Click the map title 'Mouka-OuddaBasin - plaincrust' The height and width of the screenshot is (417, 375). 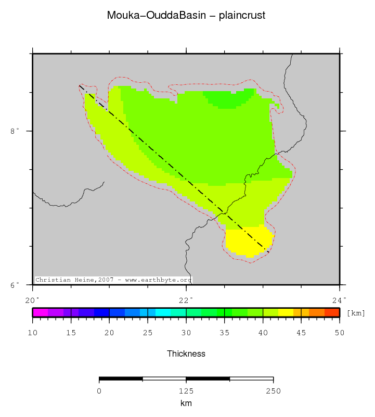pos(186,15)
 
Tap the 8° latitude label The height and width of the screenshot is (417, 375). pos(15,131)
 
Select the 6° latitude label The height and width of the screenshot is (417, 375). pos(15,285)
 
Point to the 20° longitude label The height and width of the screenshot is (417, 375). pos(32,299)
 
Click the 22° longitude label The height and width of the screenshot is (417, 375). pos(186,299)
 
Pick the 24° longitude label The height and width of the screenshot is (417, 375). pos(339,299)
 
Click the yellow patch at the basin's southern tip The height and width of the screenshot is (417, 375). pos(249,241)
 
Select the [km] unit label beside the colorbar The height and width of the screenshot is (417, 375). pos(356,313)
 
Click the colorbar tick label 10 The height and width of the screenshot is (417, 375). pos(33,333)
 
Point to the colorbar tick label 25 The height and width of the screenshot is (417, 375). pos(148,333)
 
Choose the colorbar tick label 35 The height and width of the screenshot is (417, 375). pos(224,333)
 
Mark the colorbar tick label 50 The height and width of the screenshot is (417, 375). pos(339,333)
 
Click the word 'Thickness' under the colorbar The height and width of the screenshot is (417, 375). pos(186,354)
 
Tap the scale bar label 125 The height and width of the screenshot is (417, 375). pos(186,391)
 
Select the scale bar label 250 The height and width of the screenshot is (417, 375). pos(273,391)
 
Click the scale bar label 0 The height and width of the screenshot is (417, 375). pos(99,391)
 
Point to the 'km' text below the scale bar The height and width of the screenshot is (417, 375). pos(186,403)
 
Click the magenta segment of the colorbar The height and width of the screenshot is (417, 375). pos(40,312)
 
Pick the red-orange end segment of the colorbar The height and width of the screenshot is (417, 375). pos(332,312)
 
